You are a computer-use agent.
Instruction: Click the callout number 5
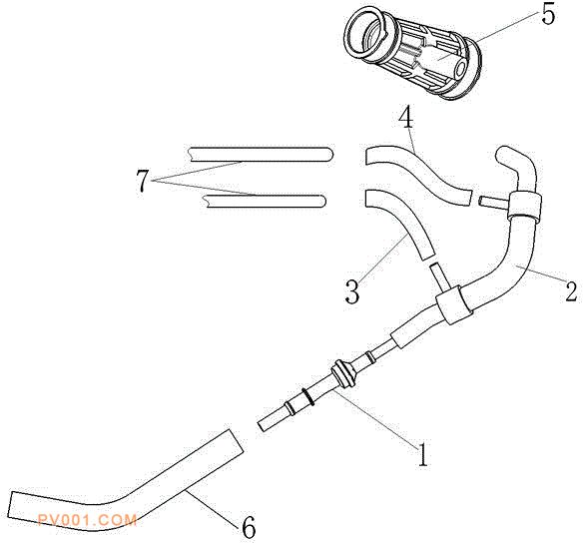click(x=547, y=16)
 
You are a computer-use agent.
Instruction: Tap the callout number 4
click(x=406, y=119)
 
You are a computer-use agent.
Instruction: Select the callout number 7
click(x=143, y=181)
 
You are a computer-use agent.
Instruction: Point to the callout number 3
click(x=352, y=291)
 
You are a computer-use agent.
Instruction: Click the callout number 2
click(x=571, y=290)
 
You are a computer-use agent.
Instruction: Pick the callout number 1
click(x=422, y=454)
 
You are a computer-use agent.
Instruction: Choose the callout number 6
click(x=250, y=527)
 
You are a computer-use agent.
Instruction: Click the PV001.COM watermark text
click(x=88, y=520)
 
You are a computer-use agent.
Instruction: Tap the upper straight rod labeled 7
click(x=261, y=155)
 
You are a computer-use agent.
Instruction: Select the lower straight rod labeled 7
click(x=264, y=201)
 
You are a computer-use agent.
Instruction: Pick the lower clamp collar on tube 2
click(x=454, y=304)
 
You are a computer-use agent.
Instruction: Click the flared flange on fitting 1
click(x=342, y=373)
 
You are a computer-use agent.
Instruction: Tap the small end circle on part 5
click(x=459, y=70)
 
